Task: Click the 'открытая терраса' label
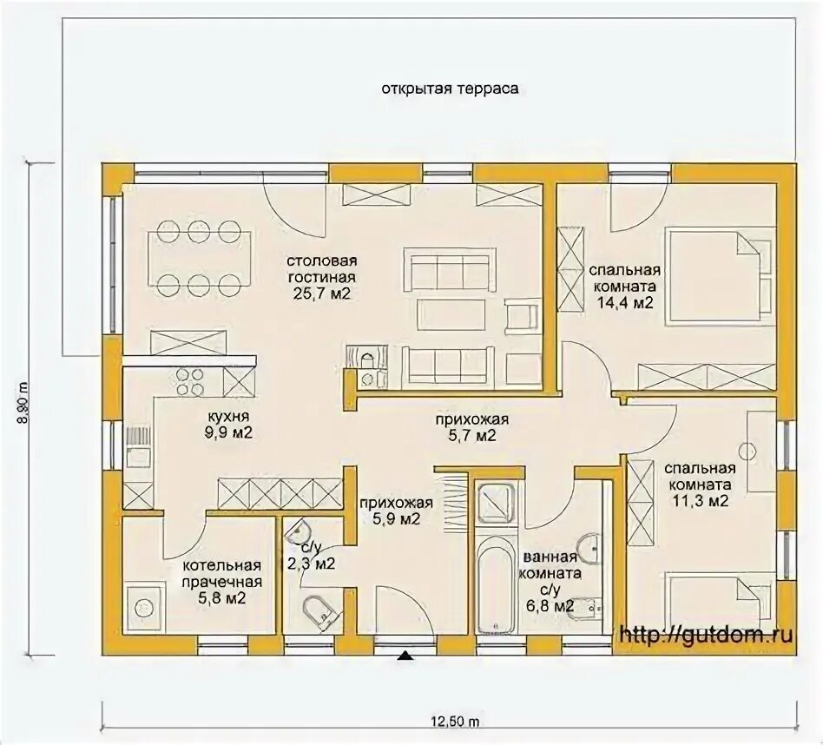click(x=450, y=89)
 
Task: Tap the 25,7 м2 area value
click(x=322, y=293)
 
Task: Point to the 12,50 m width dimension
click(x=455, y=722)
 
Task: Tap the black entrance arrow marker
click(x=405, y=656)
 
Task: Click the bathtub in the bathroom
click(x=496, y=580)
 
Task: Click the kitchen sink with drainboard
click(x=139, y=447)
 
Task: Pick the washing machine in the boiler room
click(x=145, y=608)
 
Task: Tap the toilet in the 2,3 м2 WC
click(x=318, y=610)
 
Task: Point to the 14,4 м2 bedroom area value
click(x=625, y=303)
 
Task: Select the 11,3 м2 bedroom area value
click(x=701, y=501)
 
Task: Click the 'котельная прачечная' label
click(x=222, y=573)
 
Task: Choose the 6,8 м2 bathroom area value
click(x=549, y=606)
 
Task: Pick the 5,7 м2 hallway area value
click(x=471, y=435)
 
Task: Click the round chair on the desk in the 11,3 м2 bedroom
click(x=747, y=450)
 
